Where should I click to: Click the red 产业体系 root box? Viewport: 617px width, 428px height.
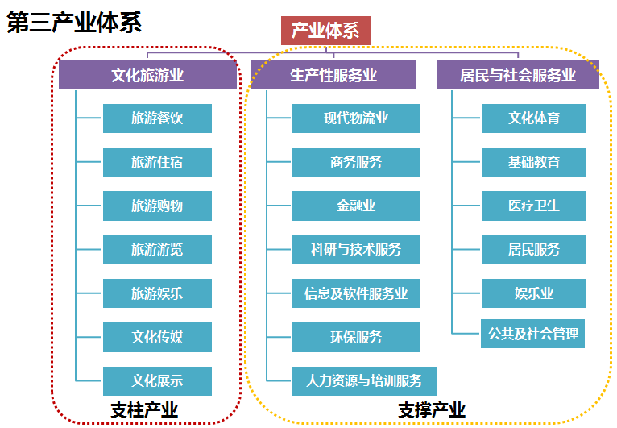[x=325, y=31]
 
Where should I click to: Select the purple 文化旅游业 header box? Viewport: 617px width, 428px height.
[x=147, y=76]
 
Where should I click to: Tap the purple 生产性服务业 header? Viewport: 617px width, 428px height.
[x=333, y=76]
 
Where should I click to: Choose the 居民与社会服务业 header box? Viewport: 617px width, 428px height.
[x=517, y=76]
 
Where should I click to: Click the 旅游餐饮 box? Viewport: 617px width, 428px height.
[x=157, y=118]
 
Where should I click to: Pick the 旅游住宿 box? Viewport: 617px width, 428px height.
[x=157, y=162]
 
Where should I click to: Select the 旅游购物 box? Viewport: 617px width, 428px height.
[x=157, y=206]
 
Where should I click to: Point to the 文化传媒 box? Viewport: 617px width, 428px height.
[x=157, y=337]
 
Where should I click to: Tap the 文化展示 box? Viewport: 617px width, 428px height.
[x=157, y=380]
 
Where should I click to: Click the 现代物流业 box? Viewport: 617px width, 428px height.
[x=355, y=118]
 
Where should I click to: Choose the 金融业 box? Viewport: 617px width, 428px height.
[x=355, y=206]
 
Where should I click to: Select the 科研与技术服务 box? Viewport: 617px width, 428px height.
[x=355, y=249]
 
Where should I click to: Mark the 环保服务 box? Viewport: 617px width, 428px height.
[x=355, y=337]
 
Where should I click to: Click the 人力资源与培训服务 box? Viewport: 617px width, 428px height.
[x=364, y=380]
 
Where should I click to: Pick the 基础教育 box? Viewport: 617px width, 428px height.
[x=533, y=162]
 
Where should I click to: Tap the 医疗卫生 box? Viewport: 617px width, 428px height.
[x=533, y=206]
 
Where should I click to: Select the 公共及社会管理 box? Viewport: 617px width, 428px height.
[x=533, y=333]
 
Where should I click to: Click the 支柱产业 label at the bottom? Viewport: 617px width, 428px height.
[x=144, y=410]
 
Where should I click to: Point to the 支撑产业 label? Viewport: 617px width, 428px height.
[x=431, y=410]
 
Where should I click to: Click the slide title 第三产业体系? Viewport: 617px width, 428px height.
[x=74, y=22]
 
